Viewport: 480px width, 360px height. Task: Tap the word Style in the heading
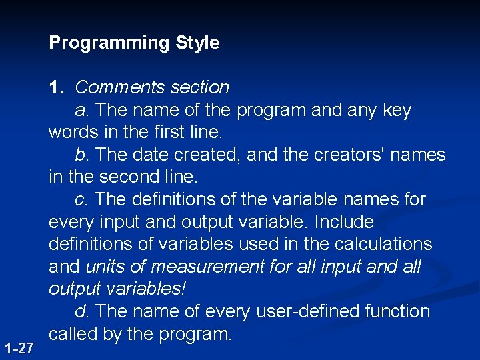(197, 43)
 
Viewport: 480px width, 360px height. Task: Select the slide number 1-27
(19, 348)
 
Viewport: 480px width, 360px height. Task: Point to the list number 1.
(56, 87)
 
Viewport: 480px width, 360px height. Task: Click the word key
(397, 110)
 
